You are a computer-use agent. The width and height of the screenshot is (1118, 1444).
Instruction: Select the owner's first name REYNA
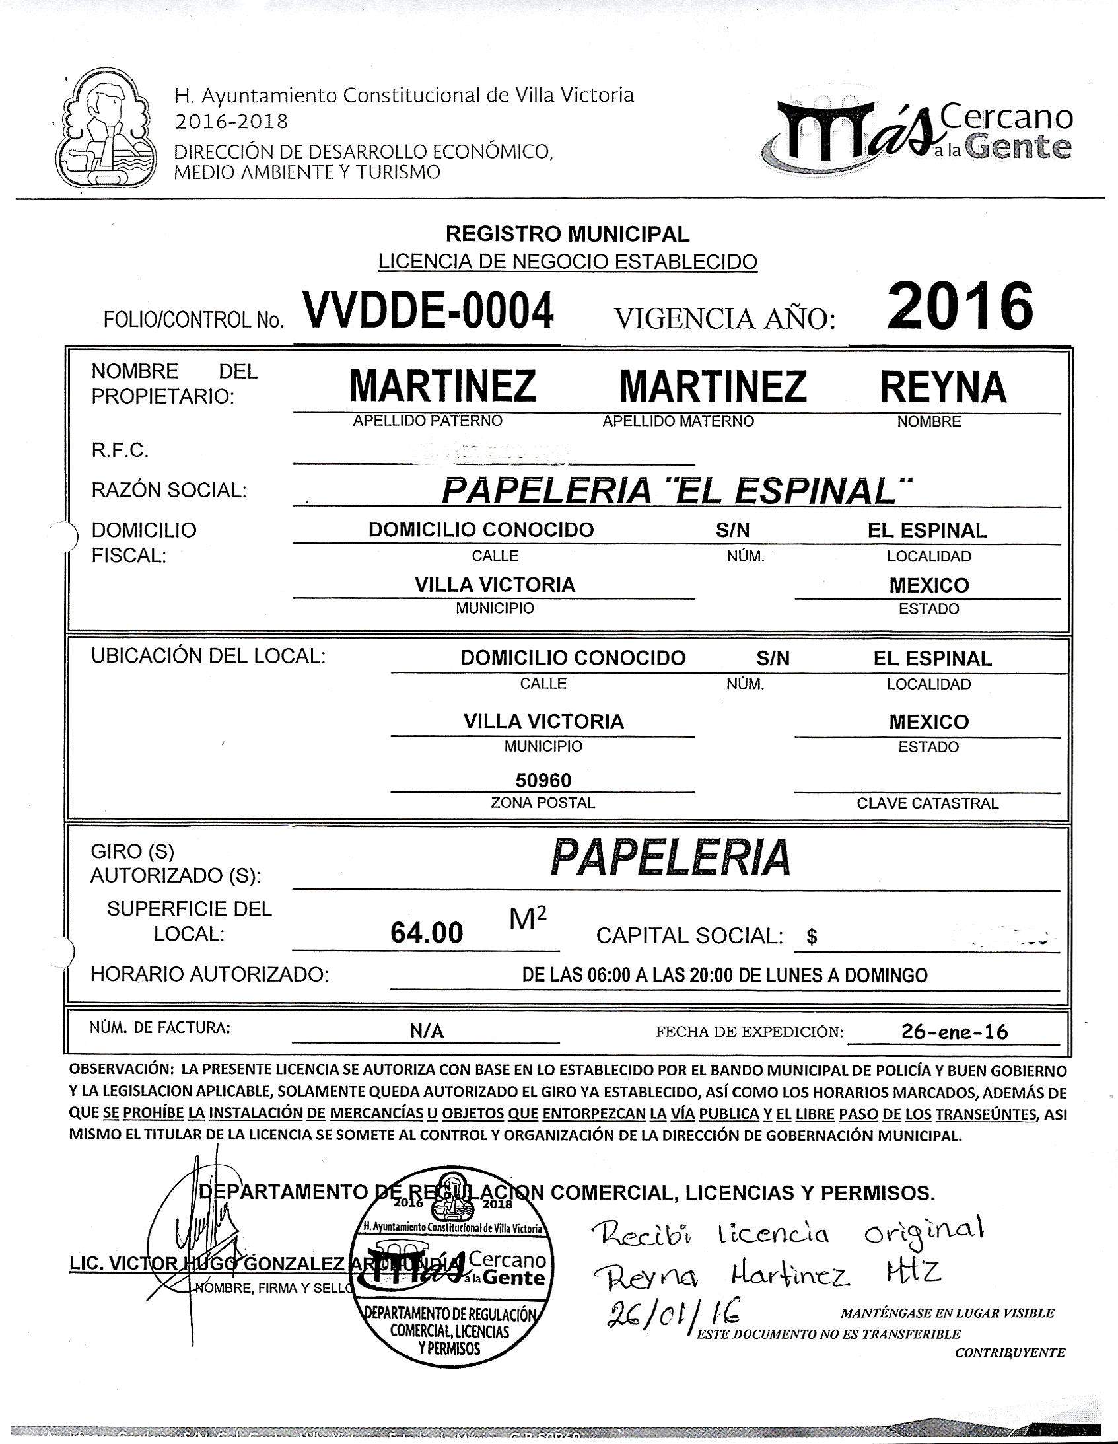click(x=943, y=388)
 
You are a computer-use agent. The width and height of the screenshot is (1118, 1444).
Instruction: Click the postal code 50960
click(x=543, y=781)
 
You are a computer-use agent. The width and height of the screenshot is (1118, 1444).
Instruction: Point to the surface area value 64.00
click(x=427, y=933)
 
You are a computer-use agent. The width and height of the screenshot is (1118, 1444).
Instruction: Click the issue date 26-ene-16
click(x=954, y=1032)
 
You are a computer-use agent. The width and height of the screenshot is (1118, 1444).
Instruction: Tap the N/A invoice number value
click(x=427, y=1031)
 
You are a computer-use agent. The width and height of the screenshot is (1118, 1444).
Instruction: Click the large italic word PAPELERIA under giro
click(x=670, y=858)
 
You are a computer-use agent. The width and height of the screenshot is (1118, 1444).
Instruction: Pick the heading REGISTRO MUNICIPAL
click(x=567, y=233)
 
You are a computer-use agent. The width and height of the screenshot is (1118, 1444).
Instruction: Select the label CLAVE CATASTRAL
click(x=927, y=803)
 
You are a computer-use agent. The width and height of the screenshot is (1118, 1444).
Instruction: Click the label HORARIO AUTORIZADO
click(x=209, y=974)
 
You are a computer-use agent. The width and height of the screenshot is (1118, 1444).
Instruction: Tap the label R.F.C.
click(x=120, y=451)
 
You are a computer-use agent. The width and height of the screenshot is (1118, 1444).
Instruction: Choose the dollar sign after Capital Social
click(x=812, y=937)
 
